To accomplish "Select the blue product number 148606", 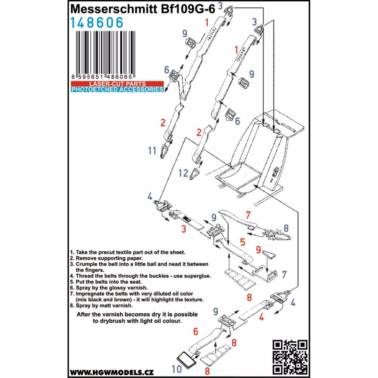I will click(x=97, y=23).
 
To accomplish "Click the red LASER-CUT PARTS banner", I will click(x=118, y=83).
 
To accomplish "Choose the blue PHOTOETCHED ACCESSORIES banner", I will click(x=118, y=90).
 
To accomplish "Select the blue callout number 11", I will click(x=152, y=151).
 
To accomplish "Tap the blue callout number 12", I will click(x=183, y=173).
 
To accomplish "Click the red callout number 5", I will click(x=242, y=241).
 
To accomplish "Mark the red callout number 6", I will click(x=195, y=332).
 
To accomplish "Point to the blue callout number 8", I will click(x=286, y=228).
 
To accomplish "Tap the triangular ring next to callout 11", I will click(x=166, y=152).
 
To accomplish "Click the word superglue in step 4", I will click(x=196, y=276).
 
